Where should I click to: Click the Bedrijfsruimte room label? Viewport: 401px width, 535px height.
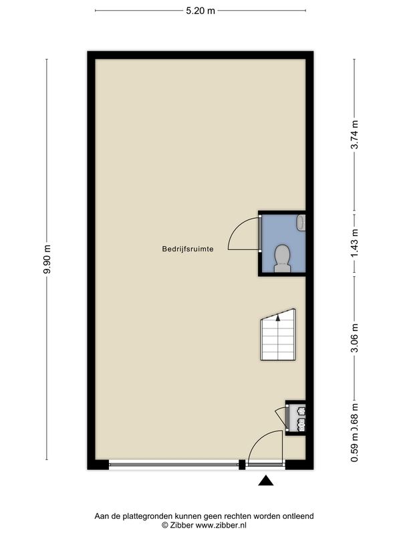point(187,249)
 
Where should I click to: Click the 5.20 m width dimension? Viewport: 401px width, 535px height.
point(201,10)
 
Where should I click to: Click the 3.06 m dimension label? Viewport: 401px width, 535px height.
point(355,338)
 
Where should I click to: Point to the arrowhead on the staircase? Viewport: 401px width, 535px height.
point(277,320)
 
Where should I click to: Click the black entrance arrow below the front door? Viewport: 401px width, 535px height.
point(266,479)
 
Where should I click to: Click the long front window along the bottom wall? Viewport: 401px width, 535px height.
point(175,464)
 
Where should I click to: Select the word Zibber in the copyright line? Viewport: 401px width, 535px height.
point(184,526)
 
